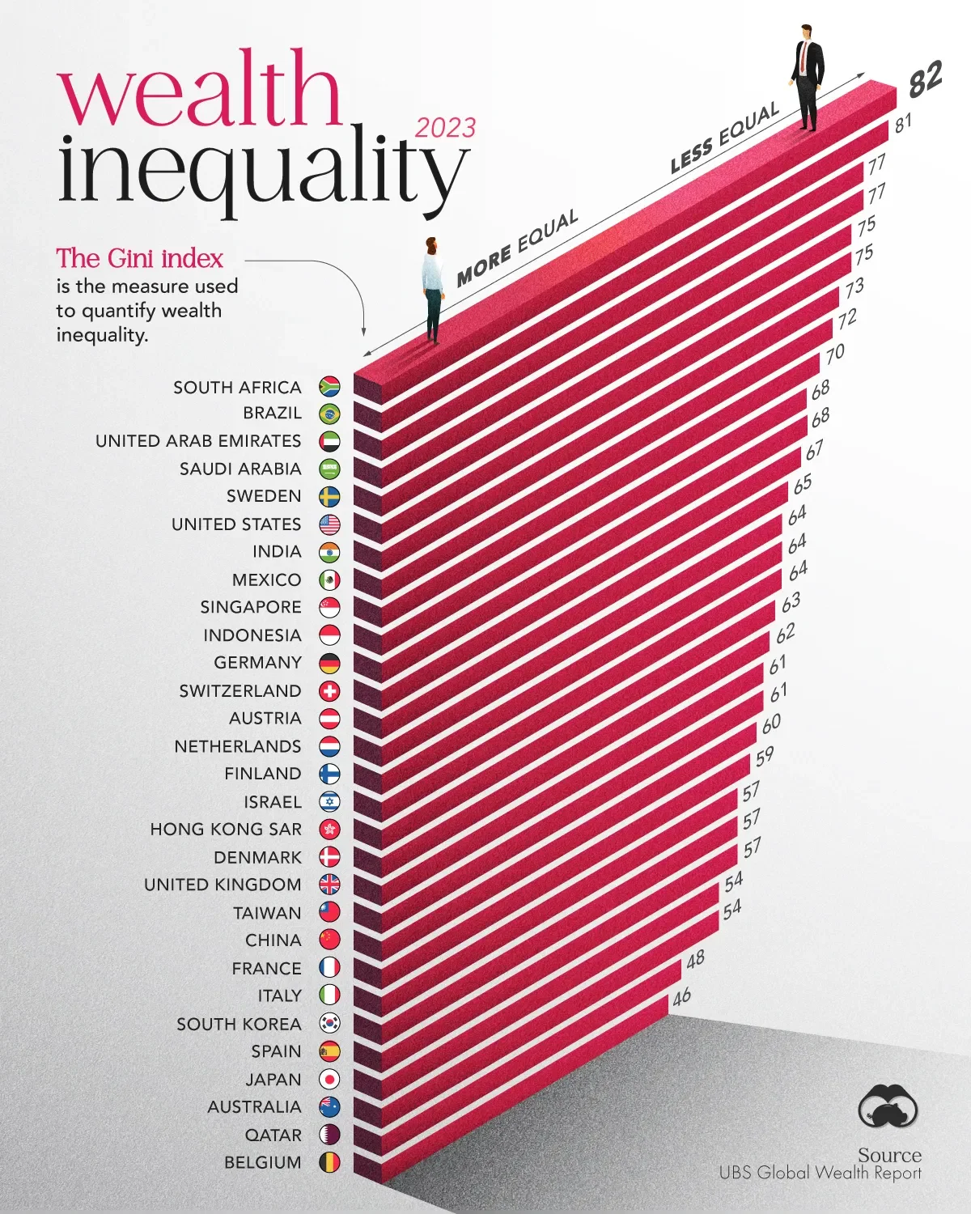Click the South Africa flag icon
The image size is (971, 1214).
(329, 387)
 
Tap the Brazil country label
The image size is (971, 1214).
(272, 413)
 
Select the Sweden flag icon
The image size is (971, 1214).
(329, 497)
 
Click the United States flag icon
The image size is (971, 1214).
(329, 524)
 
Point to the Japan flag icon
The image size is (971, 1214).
(329, 1079)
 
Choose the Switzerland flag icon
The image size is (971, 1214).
(329, 691)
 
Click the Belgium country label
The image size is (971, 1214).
(262, 1162)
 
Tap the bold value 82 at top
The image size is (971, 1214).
(925, 79)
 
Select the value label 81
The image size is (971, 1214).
(903, 123)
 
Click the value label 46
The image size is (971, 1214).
(681, 995)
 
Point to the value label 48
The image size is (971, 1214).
(695, 960)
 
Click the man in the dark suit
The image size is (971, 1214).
(807, 76)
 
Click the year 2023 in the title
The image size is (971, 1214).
(445, 128)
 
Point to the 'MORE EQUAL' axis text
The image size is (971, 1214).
(517, 248)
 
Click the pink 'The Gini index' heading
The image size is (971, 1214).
(139, 258)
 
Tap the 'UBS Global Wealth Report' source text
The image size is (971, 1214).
(820, 1173)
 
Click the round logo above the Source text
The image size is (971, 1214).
(888, 1106)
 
